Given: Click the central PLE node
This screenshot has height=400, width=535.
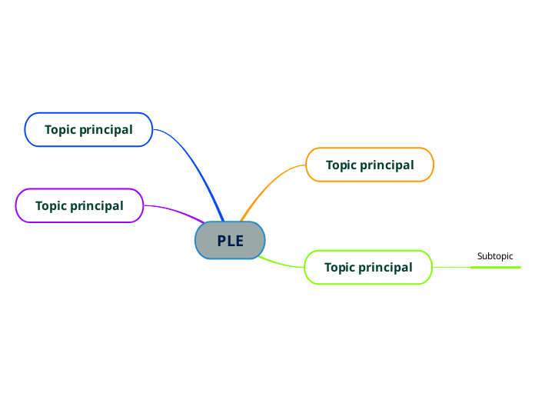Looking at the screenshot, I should pos(230,241).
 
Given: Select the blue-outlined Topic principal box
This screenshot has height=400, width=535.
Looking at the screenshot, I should pos(88,129).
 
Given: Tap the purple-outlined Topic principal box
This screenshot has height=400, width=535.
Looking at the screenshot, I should pos(79,205).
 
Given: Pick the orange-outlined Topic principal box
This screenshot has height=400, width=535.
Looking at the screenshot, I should pos(370,165).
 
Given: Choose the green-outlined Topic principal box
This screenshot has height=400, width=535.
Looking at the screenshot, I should pos(368,267).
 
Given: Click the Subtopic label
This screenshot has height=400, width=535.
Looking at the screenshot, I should pos(495,256).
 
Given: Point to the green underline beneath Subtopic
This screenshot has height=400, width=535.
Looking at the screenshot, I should pos(495,267).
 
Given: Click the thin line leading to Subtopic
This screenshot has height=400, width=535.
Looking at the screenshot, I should pos(451,267).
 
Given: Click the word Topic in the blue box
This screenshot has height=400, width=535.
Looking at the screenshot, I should pos(61,129).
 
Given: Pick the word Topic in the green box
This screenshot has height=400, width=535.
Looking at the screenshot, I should pos(341,267).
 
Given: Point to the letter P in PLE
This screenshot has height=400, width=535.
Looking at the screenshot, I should pos(221,241).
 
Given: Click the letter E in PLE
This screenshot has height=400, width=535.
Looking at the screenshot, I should pos(239,241).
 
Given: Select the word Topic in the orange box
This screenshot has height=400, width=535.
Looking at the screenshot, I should pos(342,165).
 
